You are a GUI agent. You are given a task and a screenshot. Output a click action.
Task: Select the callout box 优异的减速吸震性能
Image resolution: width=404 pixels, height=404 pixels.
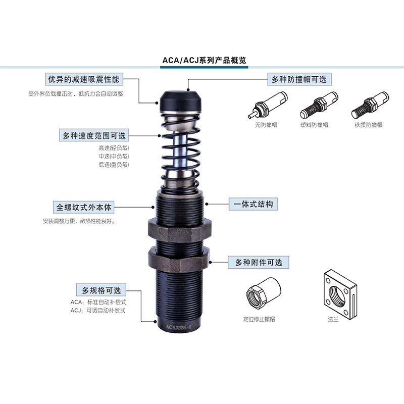click(x=84, y=79)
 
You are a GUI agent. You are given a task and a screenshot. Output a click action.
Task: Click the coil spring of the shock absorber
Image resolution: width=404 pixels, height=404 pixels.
click(x=181, y=151)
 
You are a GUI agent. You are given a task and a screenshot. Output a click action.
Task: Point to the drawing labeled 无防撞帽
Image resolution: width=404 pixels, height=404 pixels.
click(x=267, y=105)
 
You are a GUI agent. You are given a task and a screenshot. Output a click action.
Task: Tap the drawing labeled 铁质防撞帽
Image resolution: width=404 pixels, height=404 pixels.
click(x=370, y=105)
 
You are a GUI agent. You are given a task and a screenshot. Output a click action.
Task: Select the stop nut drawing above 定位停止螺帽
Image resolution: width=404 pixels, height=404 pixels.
click(x=263, y=293)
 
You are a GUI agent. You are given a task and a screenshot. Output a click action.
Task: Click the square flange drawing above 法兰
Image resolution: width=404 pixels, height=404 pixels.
click(x=339, y=293)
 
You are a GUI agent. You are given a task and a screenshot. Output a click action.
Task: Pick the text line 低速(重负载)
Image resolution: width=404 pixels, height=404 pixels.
click(x=114, y=164)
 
